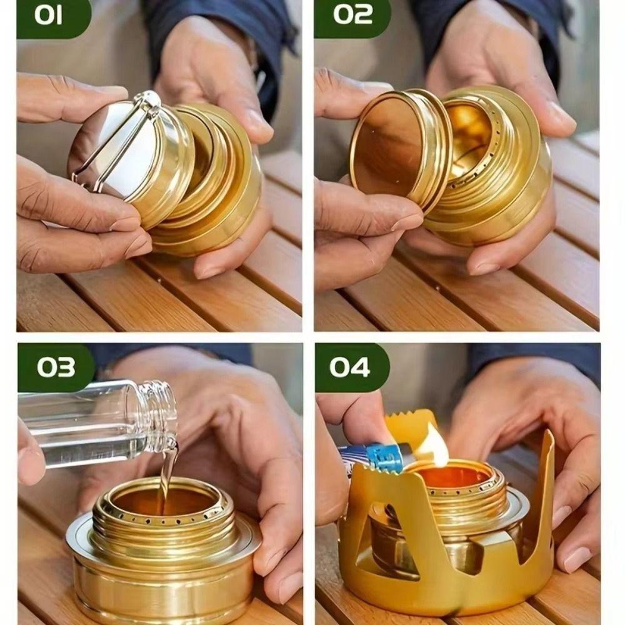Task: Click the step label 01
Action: pos(48,16)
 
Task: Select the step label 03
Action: pos(56,367)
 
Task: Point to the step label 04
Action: pos(349,367)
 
